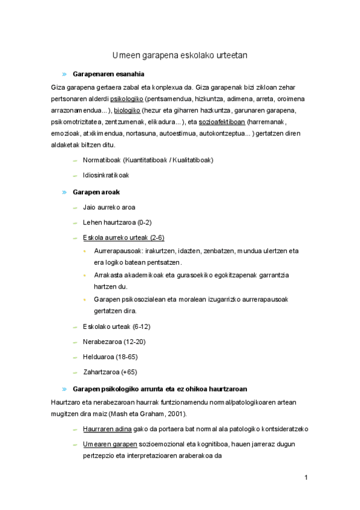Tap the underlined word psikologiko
[x=126, y=99]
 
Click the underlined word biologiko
[x=127, y=111]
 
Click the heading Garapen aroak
[x=96, y=192]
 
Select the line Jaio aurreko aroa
[x=109, y=207]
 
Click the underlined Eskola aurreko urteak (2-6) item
[x=123, y=237]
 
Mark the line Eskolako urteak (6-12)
[x=116, y=327]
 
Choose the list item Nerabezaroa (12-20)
[x=114, y=342]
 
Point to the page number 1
[x=306, y=478]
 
